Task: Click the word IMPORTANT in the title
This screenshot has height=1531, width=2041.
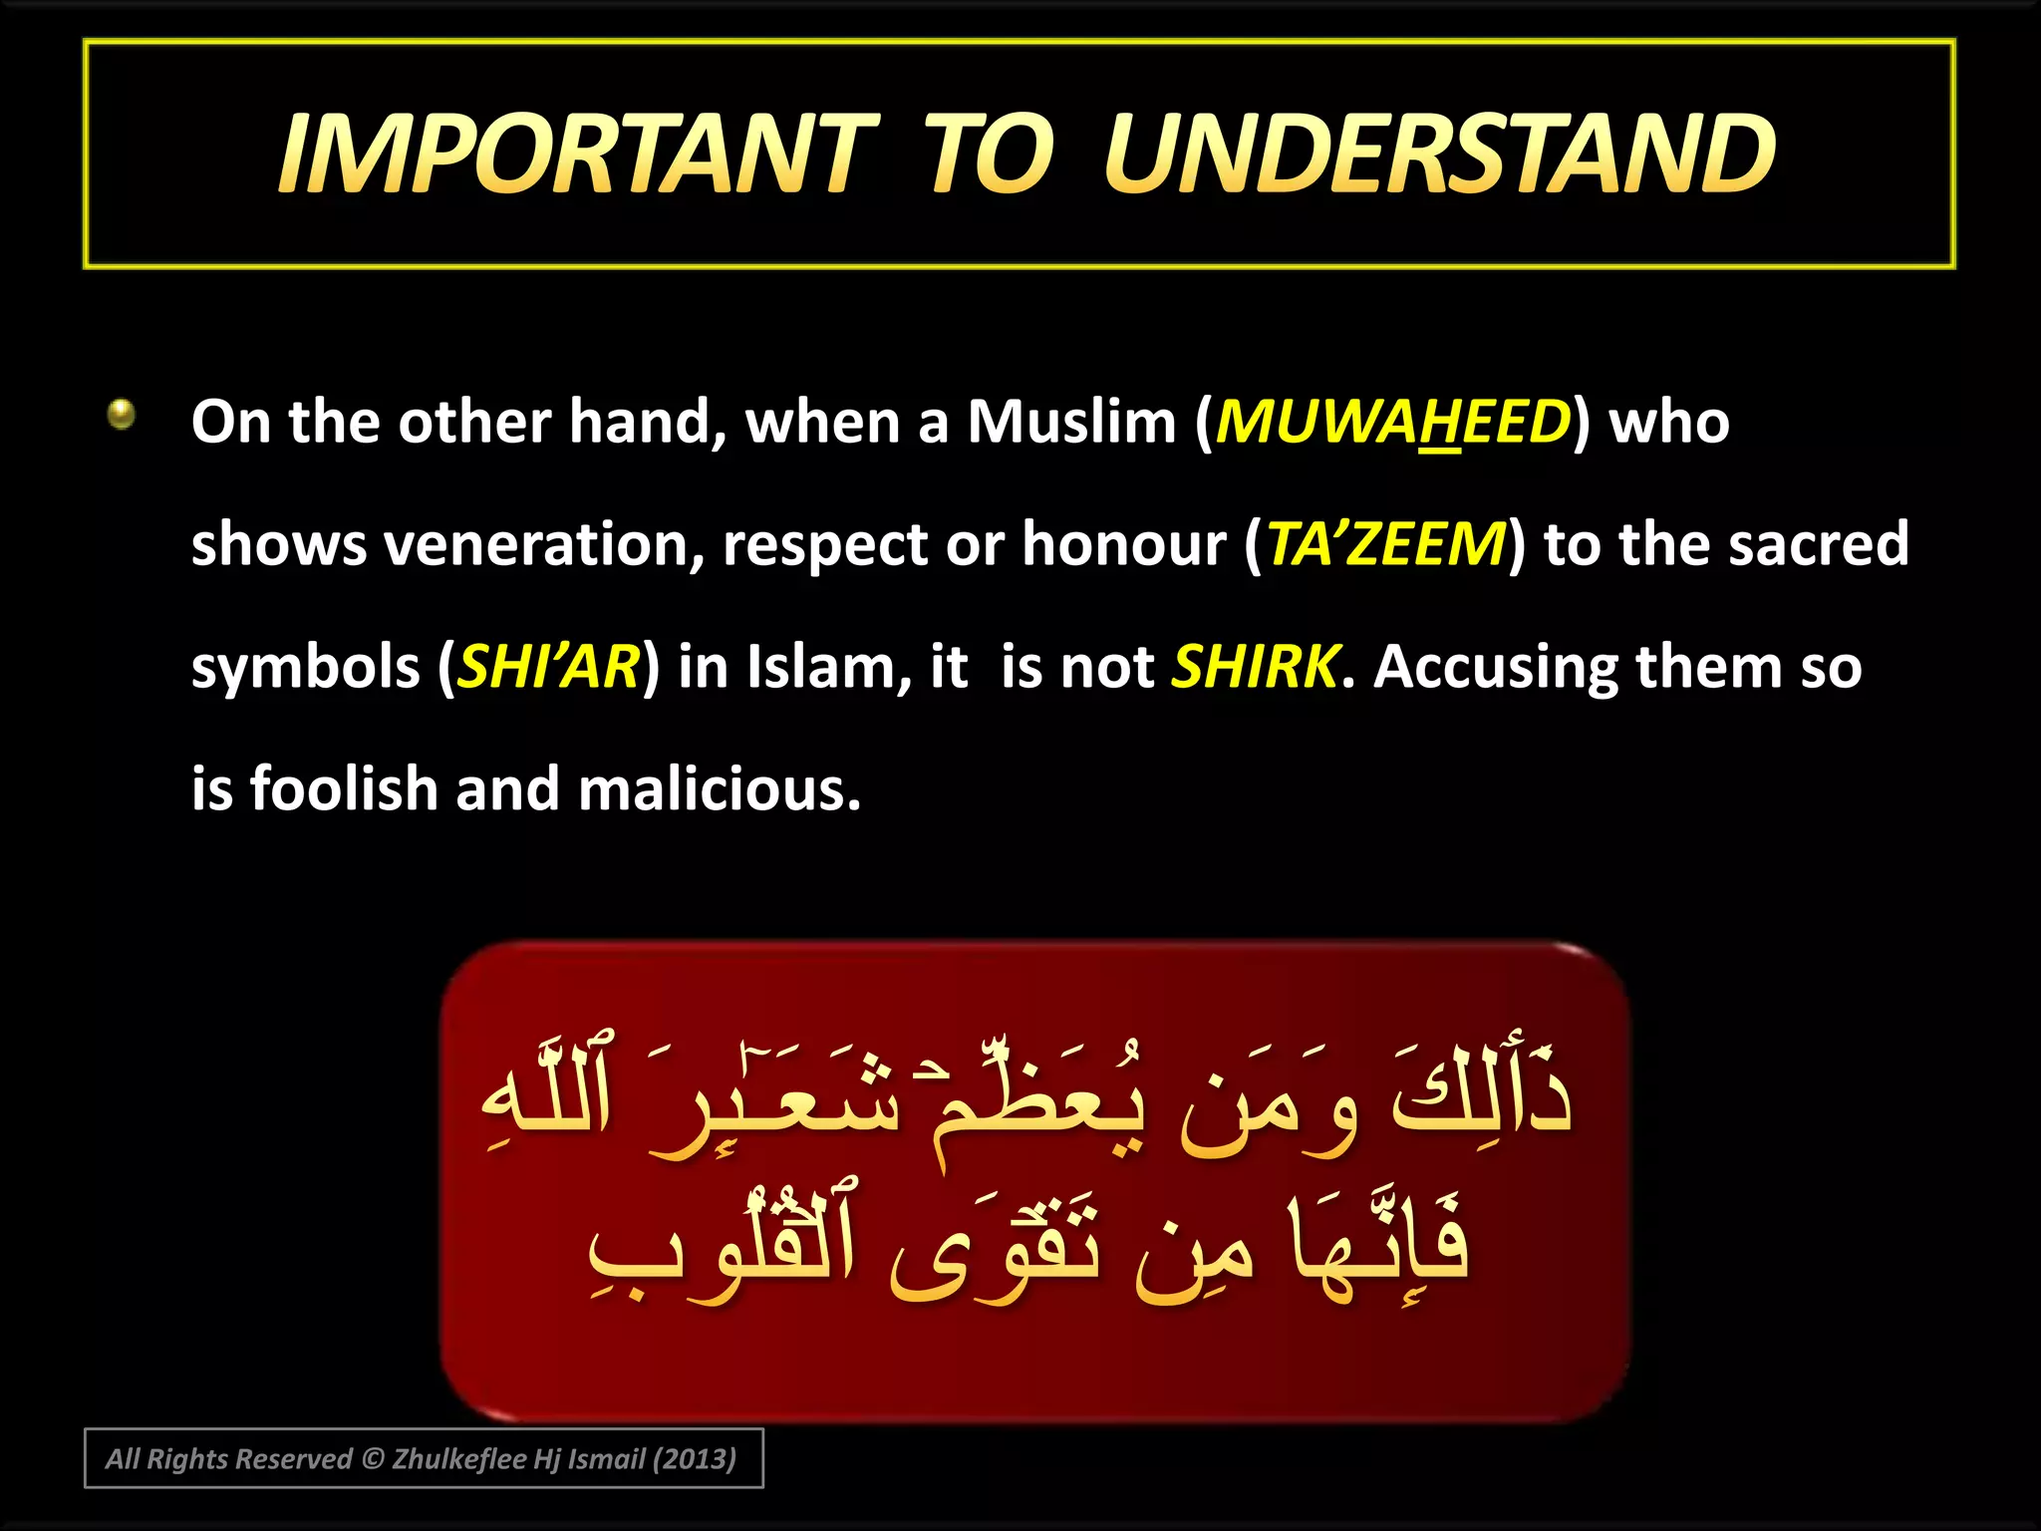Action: coord(578,154)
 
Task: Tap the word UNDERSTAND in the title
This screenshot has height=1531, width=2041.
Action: coord(1439,154)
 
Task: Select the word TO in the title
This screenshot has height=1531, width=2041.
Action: coord(987,154)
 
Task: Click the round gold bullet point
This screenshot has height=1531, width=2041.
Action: coord(122,413)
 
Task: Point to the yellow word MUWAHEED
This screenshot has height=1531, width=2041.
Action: coord(1392,422)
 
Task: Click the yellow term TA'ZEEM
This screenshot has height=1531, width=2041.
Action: coord(1385,544)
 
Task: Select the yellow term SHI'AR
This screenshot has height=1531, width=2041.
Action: coord(548,667)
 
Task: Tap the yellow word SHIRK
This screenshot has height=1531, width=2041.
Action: coord(1255,667)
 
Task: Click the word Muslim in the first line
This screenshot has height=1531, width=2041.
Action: coord(1071,422)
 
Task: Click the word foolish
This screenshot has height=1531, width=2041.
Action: coord(343,789)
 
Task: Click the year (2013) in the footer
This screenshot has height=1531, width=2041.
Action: coord(694,1459)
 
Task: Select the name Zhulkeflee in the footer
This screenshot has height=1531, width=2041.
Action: coord(458,1459)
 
